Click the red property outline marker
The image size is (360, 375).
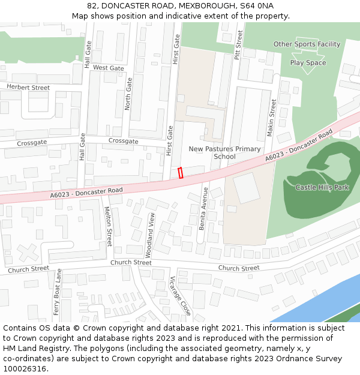[181, 173]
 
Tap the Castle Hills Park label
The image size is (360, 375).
[322, 187]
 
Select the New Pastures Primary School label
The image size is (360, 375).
[224, 152]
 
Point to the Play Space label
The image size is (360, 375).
[308, 62]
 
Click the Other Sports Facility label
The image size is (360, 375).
[307, 44]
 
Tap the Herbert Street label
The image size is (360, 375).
[28, 88]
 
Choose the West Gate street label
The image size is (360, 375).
[109, 68]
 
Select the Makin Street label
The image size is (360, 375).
[271, 116]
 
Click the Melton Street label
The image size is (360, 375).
[109, 226]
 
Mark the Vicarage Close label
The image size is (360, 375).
[180, 296]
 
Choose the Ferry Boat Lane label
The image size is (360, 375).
[58, 292]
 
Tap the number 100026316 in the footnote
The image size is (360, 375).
[24, 368]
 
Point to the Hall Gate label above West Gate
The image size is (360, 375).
[88, 53]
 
